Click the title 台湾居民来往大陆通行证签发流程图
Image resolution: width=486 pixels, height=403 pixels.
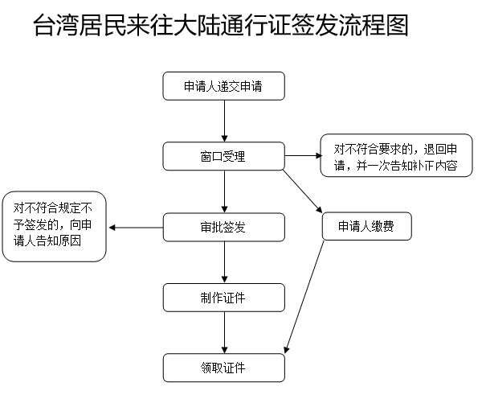click(222, 26)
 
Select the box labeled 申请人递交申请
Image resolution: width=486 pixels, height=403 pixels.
click(223, 86)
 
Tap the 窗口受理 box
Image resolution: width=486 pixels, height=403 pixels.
click(223, 156)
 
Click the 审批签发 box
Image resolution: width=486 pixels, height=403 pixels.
click(223, 228)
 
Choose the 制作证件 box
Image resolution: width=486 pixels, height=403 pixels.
click(223, 298)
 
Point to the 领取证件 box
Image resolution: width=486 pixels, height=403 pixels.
click(223, 368)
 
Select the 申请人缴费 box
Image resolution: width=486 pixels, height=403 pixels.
click(366, 228)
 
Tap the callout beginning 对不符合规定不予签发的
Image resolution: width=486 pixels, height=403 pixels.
click(55, 228)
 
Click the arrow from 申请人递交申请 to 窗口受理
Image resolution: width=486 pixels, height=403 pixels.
click(223, 121)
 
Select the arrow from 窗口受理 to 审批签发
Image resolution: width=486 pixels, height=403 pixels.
click(223, 191)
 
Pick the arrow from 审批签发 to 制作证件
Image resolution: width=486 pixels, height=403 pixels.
click(223, 262)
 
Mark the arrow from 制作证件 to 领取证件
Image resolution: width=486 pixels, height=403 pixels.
click(223, 332)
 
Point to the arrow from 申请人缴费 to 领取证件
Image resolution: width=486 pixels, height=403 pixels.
click(305, 298)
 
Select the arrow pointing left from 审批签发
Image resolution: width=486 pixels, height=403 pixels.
click(136, 228)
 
